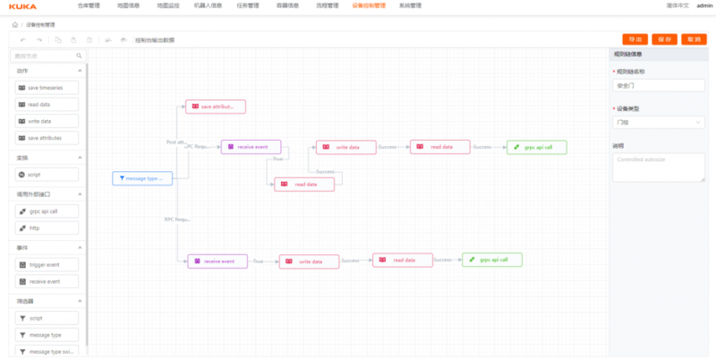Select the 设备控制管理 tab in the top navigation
pyautogui.click(x=369, y=5)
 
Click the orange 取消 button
pyautogui.click(x=693, y=39)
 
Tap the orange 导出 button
pyautogui.click(x=635, y=39)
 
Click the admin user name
pyautogui.click(x=704, y=5)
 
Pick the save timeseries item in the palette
pyautogui.click(x=47, y=88)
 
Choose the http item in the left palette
pyautogui.click(x=47, y=228)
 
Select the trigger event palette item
pyautogui.click(x=47, y=264)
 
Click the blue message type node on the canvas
pyautogui.click(x=142, y=178)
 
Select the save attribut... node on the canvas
pyautogui.click(x=215, y=107)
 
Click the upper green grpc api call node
pyautogui.click(x=536, y=147)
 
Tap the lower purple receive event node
pyautogui.click(x=217, y=261)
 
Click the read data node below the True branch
pyautogui.click(x=303, y=184)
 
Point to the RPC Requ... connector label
pyautogui.click(x=177, y=219)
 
